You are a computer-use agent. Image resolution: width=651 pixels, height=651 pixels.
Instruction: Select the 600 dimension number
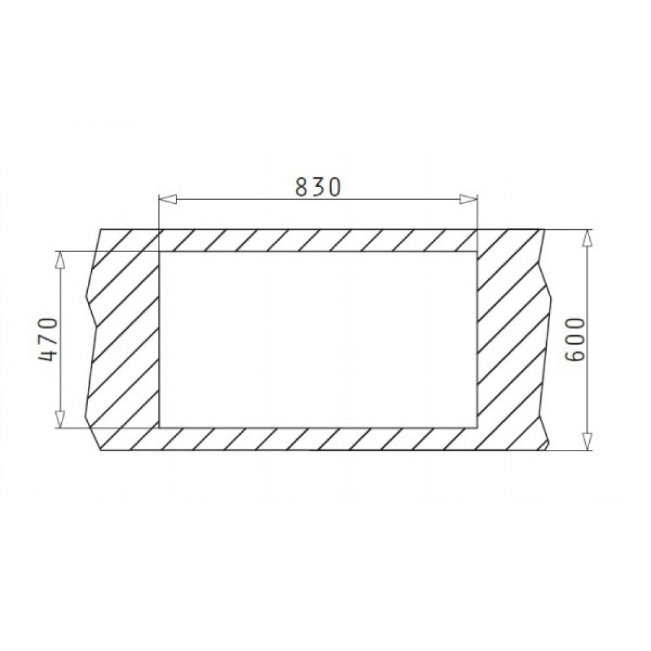pyautogui.click(x=575, y=340)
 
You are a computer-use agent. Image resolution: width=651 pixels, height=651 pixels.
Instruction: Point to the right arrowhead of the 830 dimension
pyautogui.click(x=468, y=200)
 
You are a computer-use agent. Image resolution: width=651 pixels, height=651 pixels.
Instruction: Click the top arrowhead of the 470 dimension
pyautogui.click(x=61, y=260)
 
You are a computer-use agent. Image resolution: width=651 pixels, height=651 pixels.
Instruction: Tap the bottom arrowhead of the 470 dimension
pyautogui.click(x=61, y=419)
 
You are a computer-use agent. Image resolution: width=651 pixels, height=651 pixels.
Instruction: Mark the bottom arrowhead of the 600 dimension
pyautogui.click(x=587, y=441)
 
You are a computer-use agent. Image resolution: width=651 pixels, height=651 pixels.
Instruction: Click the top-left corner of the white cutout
pyautogui.click(x=160, y=251)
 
